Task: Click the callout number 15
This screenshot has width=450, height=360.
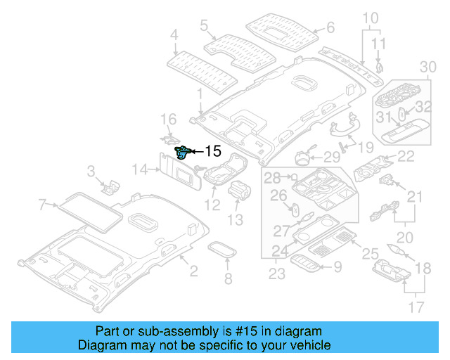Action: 212,150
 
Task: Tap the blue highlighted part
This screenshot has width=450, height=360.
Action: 182,151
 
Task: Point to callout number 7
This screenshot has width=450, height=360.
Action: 43,205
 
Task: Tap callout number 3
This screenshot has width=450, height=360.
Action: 91,170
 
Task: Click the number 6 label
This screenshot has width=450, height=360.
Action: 330,29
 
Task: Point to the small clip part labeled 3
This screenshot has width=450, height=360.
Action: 110,186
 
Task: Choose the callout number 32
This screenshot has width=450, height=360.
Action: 423,107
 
